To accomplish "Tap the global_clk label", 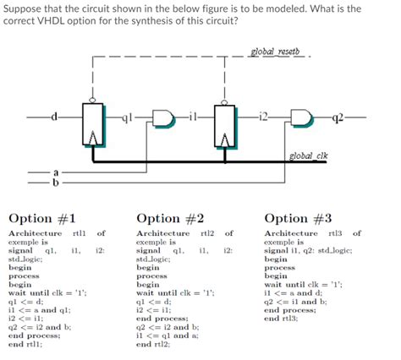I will pos(306,155).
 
